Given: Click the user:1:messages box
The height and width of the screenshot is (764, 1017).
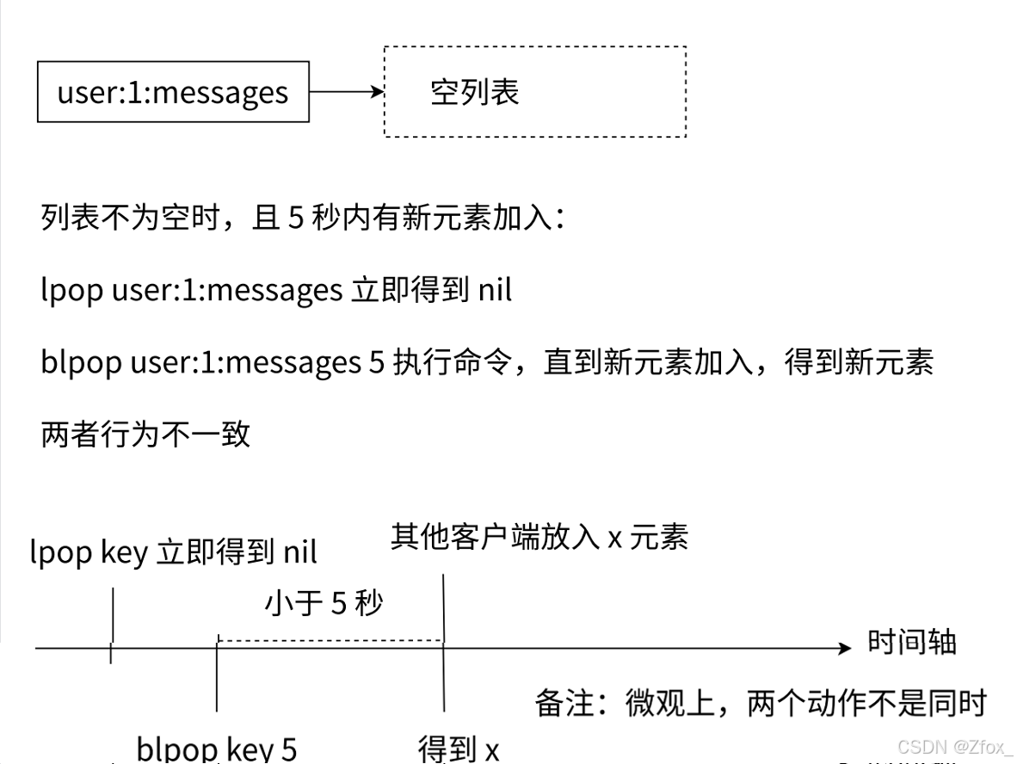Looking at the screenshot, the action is click(173, 91).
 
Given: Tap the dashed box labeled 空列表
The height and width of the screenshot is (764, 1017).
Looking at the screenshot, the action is click(534, 91).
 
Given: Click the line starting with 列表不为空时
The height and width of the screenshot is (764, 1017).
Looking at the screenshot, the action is click(302, 218).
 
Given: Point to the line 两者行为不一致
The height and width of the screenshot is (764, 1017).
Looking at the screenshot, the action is click(145, 434).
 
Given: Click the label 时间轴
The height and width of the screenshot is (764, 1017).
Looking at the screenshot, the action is click(911, 643).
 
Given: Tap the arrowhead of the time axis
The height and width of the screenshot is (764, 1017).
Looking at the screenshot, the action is click(844, 648).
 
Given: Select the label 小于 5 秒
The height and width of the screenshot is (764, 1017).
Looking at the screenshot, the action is click(324, 603).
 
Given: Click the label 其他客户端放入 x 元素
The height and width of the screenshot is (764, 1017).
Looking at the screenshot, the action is click(539, 538).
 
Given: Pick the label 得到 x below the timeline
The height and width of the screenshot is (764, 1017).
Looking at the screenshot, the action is click(459, 749).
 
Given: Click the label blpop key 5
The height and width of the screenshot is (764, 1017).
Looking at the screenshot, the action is click(217, 749).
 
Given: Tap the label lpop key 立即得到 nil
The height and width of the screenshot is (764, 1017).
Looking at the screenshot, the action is click(173, 551).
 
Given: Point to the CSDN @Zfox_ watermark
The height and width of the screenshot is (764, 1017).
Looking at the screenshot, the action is click(955, 746).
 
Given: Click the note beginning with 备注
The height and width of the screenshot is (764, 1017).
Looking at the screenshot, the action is click(760, 703).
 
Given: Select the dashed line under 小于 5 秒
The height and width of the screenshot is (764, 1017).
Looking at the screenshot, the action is click(330, 640).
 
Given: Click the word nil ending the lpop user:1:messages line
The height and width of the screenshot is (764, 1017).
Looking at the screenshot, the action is click(494, 290).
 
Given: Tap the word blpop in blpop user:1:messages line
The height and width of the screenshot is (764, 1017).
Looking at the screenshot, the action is click(81, 362).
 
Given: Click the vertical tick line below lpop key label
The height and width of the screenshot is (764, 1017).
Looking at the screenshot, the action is click(112, 624).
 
